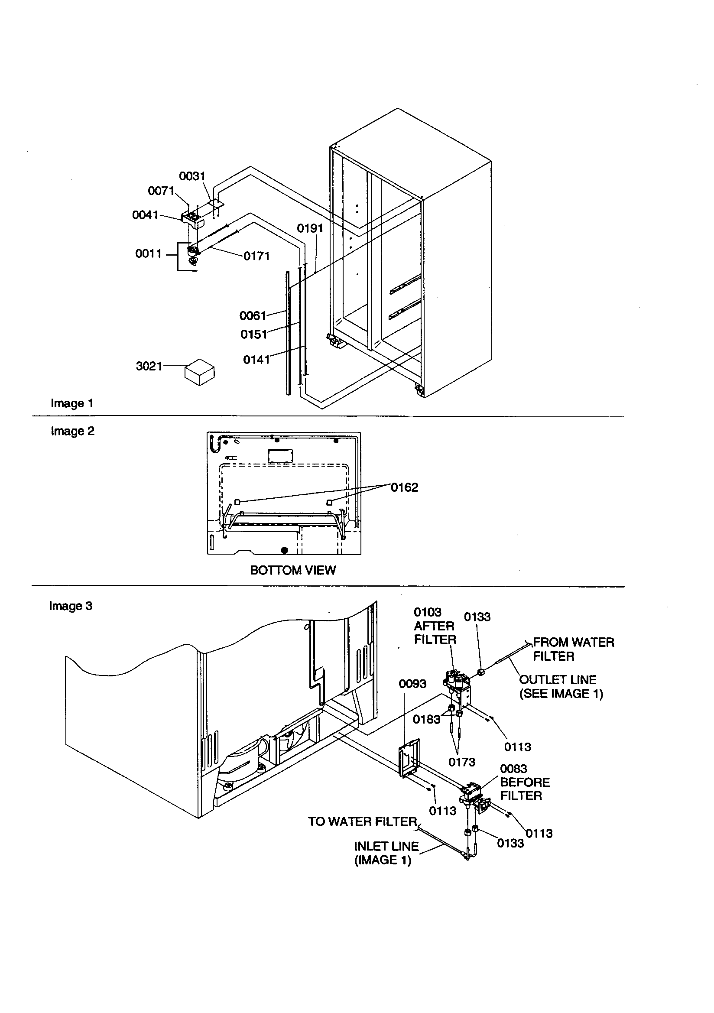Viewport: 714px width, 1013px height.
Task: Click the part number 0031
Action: click(x=192, y=176)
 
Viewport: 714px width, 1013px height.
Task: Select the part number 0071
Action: click(x=161, y=191)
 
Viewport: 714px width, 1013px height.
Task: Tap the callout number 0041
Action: click(x=145, y=215)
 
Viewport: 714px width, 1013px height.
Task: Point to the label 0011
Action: click(x=148, y=254)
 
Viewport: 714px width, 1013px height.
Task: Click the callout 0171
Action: click(x=256, y=256)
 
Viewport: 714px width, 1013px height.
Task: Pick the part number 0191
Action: click(x=310, y=228)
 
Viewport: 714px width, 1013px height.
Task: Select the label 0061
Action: click(x=253, y=316)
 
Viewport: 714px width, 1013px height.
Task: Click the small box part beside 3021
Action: click(x=199, y=374)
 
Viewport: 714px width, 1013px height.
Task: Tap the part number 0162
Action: click(x=404, y=487)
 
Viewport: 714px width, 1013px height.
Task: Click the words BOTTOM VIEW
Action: click(x=292, y=571)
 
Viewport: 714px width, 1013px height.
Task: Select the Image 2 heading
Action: click(x=72, y=431)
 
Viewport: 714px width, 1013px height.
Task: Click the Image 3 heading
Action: click(x=71, y=606)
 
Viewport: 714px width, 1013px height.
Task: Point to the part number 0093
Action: click(x=412, y=684)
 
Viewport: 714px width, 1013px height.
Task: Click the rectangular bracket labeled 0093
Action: click(x=409, y=758)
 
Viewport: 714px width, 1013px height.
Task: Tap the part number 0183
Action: click(x=426, y=720)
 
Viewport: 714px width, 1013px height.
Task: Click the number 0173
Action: click(x=461, y=762)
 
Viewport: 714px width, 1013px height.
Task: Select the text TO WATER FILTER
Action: click(x=362, y=821)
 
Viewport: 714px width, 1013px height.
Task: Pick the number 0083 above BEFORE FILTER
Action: click(x=514, y=769)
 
